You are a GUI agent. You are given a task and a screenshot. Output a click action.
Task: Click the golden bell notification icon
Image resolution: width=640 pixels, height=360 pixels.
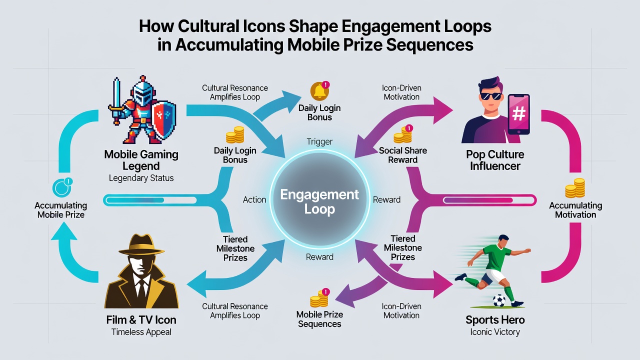[319, 91]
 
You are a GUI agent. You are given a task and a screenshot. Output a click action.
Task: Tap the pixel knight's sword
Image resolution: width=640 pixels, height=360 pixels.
[116, 100]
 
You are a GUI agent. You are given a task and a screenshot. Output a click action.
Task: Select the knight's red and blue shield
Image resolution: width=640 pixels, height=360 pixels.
[163, 120]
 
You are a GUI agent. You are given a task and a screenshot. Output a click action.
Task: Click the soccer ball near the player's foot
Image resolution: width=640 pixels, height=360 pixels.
[499, 300]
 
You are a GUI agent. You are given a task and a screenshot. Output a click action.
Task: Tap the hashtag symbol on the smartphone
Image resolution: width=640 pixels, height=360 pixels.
[518, 113]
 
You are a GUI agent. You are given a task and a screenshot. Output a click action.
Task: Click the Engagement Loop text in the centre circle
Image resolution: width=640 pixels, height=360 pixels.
[319, 201]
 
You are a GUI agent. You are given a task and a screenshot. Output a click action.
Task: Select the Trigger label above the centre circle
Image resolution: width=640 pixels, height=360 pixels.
[319, 141]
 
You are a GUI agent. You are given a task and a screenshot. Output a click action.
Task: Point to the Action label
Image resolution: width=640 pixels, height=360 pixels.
[254, 199]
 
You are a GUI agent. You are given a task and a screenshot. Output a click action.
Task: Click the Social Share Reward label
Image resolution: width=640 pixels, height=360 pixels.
[403, 155]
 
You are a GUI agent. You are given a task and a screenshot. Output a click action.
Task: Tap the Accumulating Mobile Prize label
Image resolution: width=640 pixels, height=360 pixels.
[61, 210]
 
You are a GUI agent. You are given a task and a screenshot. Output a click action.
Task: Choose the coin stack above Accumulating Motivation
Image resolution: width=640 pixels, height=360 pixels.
[575, 188]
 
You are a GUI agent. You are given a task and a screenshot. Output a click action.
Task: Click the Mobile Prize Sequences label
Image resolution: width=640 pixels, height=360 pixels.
[319, 319]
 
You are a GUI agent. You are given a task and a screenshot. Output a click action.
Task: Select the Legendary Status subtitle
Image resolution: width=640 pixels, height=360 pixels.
[141, 178]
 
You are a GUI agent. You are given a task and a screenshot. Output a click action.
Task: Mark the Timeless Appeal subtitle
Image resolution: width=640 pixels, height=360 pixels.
[141, 332]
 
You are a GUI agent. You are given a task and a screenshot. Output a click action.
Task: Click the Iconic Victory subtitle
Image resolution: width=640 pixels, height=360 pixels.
[495, 332]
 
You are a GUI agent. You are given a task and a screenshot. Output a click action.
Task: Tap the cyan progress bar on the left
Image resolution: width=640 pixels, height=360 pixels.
[150, 200]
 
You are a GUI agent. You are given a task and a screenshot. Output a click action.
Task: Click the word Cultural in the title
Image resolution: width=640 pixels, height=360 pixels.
[208, 26]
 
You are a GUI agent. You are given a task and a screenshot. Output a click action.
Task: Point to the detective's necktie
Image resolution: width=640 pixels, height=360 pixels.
[141, 288]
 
